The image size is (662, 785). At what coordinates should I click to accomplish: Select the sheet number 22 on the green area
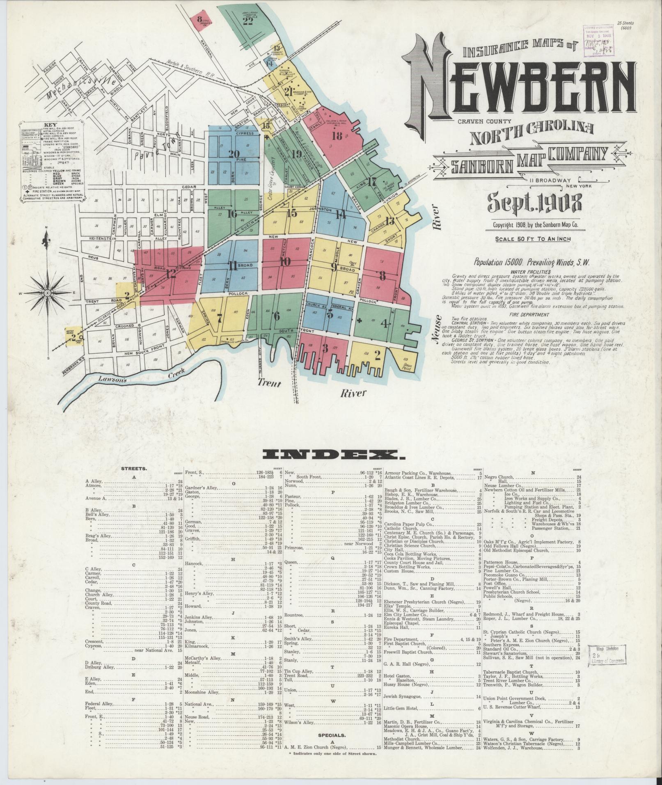click(248, 21)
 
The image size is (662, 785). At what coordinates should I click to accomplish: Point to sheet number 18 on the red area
click(337, 136)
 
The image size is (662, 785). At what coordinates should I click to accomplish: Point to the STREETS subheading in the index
click(135, 468)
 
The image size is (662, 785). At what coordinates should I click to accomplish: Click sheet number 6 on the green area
click(277, 316)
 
